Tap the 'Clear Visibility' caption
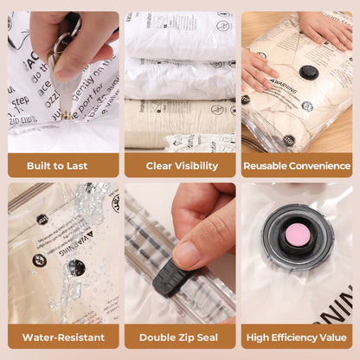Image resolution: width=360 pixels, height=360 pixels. click(x=179, y=165)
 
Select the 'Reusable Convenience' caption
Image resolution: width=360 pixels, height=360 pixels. click(x=297, y=165)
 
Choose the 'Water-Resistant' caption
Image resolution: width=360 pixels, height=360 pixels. click(x=63, y=337)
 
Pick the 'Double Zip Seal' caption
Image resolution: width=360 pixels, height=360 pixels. click(x=179, y=337)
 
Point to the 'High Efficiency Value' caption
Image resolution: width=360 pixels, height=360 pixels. click(x=297, y=337)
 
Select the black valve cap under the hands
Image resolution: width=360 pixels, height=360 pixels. click(x=308, y=72)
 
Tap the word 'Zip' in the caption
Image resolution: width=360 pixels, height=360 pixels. click(x=185, y=337)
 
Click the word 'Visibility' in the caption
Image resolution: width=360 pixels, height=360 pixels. click(x=196, y=165)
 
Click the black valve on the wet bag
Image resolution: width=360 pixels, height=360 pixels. click(x=77, y=267)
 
